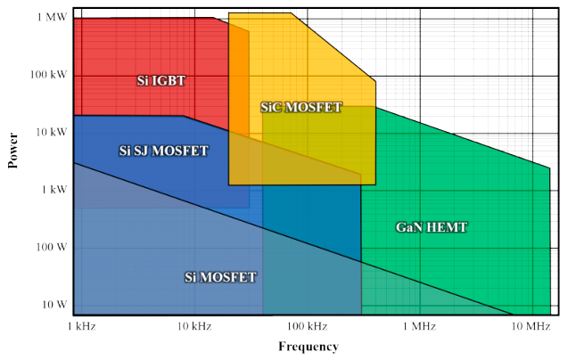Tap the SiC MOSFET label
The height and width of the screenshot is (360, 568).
pos(301,107)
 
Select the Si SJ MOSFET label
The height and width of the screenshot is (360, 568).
pos(164,151)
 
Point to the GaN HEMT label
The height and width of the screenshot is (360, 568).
pos(432,227)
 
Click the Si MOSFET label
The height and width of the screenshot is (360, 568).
pos(220,277)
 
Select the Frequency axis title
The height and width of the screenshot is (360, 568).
pos(309,347)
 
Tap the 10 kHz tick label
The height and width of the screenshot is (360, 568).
pos(194,327)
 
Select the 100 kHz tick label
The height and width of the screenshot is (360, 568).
pos(306,327)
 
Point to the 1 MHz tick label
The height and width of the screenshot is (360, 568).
pos(418,327)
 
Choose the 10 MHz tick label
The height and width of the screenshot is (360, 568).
pos(531,327)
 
